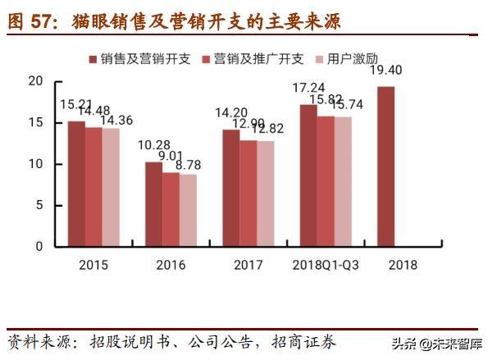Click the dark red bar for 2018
(385, 166)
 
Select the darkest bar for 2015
(76, 184)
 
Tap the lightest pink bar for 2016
(188, 210)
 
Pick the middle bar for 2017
(248, 193)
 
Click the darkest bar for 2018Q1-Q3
(308, 175)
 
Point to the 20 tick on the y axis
(34, 81)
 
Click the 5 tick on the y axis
(38, 205)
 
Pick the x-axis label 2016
(171, 265)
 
